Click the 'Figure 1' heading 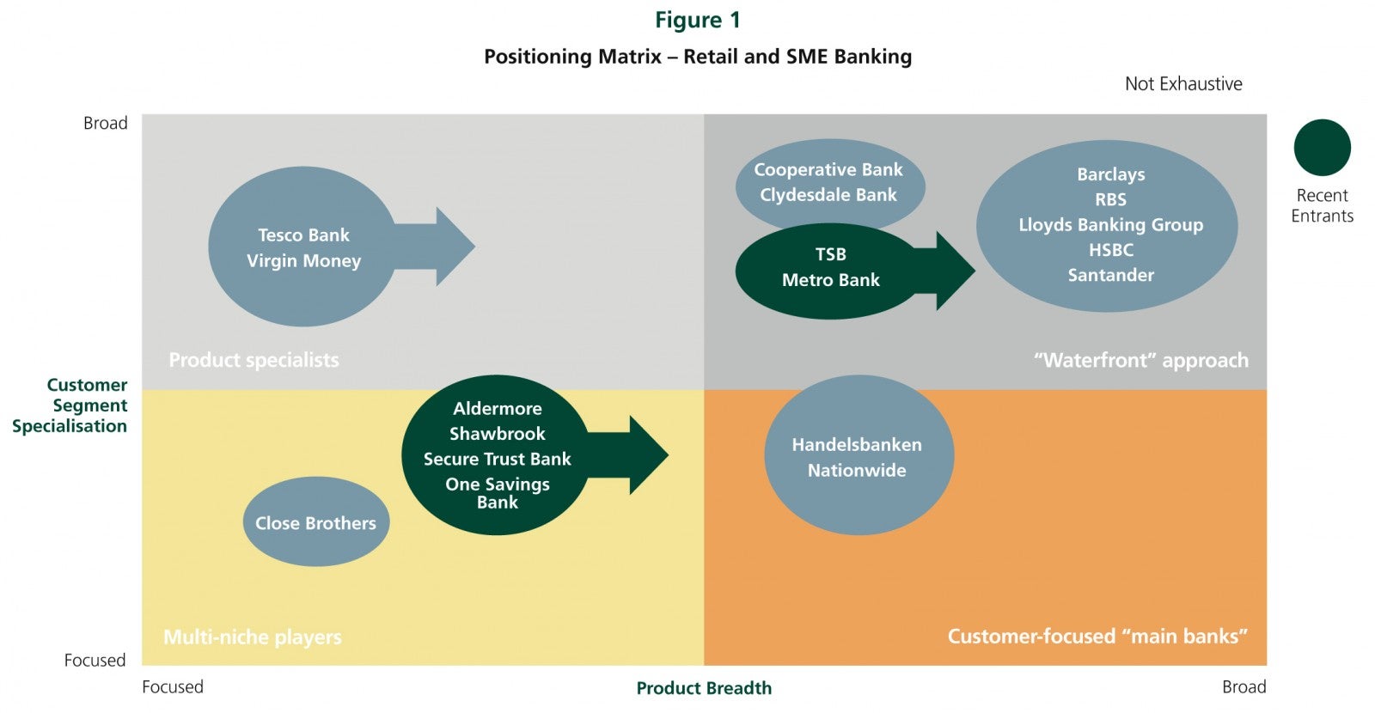tap(697, 21)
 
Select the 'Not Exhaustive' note tap(1183, 83)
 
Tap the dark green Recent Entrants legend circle tap(1323, 147)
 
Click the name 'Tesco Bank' tap(303, 235)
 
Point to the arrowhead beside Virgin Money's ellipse tap(455, 246)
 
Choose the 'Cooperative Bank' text tap(828, 169)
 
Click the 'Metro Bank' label tap(830, 280)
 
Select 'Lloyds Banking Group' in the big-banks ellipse tap(1111, 224)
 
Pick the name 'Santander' tap(1111, 275)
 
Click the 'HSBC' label tap(1111, 250)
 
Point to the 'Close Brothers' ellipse tap(316, 521)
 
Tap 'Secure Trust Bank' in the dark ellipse tap(498, 459)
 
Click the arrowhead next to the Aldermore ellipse tap(649, 454)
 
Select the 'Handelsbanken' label tap(857, 444)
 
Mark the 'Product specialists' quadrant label tap(254, 360)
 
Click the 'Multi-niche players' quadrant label tap(253, 637)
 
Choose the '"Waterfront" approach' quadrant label tap(1141, 360)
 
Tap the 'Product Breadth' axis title tap(704, 688)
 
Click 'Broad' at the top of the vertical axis tap(106, 123)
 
